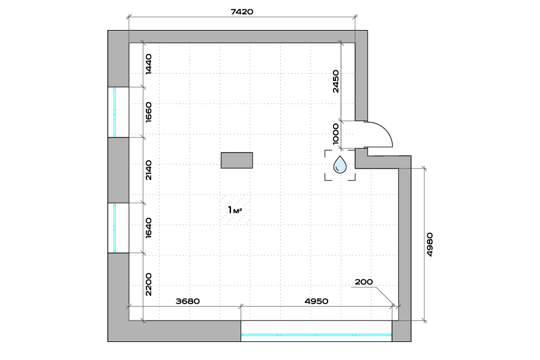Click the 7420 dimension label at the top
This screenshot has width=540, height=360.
[242, 12]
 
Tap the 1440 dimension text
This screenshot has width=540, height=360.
[148, 64]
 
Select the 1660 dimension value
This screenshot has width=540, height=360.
[148, 112]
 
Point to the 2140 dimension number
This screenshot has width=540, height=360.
[148, 170]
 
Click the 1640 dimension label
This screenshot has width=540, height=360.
[148, 228]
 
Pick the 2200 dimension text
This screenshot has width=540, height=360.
[148, 284]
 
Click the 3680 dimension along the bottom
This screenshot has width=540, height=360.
[188, 301]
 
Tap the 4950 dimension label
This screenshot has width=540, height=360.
[316, 301]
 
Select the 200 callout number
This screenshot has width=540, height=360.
[364, 282]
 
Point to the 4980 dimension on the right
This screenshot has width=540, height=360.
[430, 245]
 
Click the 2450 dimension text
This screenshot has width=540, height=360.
[336, 82]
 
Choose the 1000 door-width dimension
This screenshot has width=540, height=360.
[336, 134]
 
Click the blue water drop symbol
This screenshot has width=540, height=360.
[340, 164]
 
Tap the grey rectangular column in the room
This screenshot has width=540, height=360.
[237, 160]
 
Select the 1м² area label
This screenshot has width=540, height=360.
[235, 210]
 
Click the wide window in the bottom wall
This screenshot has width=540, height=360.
[316, 331]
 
